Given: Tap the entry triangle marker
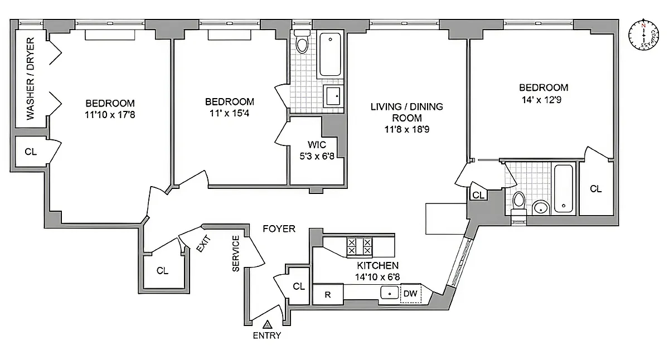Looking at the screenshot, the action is [267, 324].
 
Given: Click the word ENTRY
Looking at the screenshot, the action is [267, 335].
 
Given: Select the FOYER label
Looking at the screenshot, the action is [279, 228].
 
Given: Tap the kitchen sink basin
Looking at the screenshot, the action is [389, 293].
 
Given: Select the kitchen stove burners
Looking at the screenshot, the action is [360, 246].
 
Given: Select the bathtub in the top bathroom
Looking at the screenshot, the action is [329, 55].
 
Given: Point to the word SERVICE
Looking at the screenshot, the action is [236, 254].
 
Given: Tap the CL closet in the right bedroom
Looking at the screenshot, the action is [596, 189].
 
